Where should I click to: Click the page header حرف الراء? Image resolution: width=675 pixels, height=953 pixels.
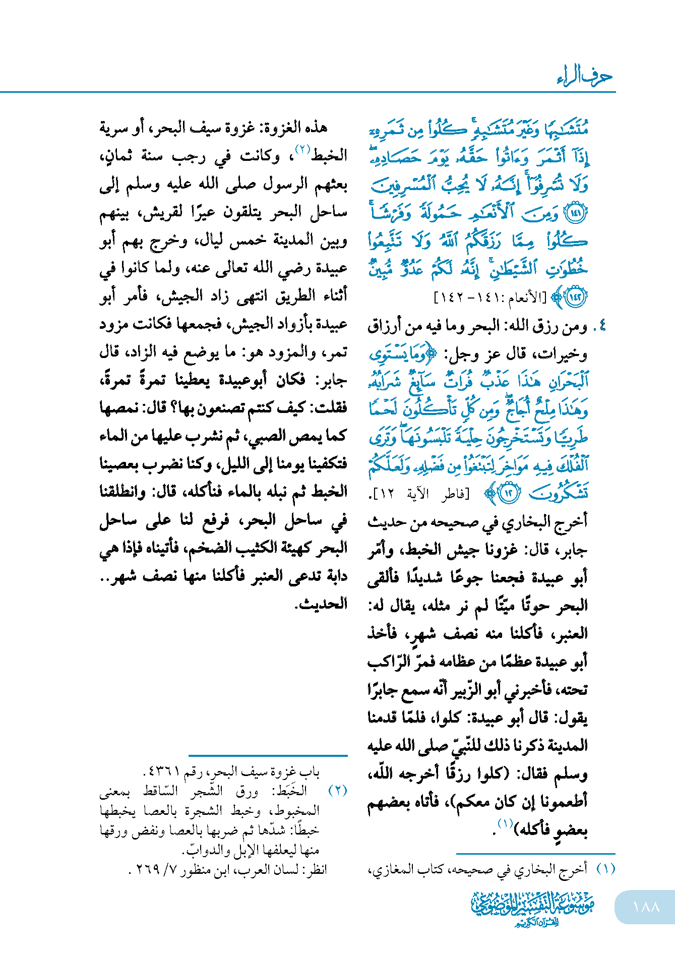pos(584,77)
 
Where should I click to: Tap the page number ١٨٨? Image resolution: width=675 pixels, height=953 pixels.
pos(646,907)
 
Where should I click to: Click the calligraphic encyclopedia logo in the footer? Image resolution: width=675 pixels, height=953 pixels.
pos(533,909)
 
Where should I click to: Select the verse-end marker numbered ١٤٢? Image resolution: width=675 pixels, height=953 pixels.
pos(576,296)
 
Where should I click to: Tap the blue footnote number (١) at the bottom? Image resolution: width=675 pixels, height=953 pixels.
pos(605,869)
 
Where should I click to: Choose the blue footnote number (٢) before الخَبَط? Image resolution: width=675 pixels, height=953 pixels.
pos(338,791)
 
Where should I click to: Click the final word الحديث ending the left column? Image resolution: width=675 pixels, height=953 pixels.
pos(322,604)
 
